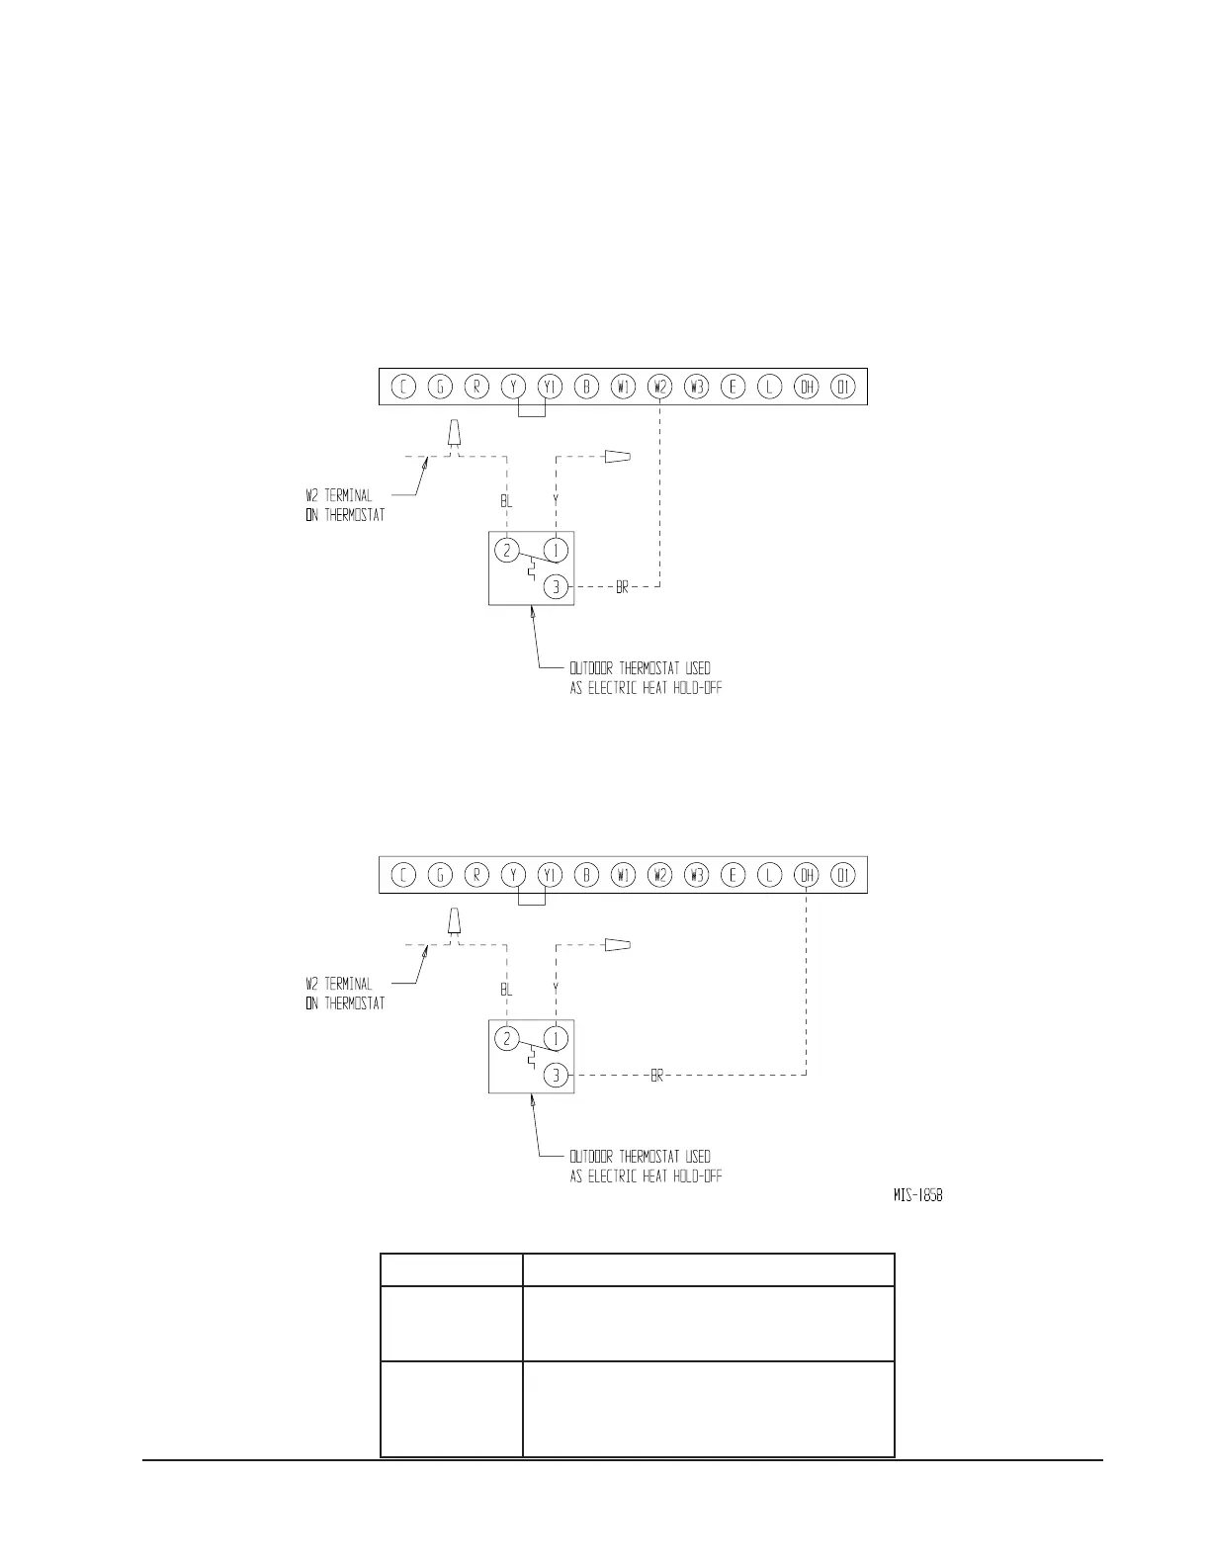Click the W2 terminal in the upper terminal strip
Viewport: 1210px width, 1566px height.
[659, 387]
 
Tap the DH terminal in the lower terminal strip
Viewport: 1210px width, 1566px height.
[807, 875]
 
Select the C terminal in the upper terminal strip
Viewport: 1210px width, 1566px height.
[403, 387]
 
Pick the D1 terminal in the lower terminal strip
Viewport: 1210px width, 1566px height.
[843, 875]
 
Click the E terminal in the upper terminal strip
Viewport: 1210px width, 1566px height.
[733, 387]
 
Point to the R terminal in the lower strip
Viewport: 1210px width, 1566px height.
[476, 875]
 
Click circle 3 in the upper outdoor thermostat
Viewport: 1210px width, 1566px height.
[557, 587]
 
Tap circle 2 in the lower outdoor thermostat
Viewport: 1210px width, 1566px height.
[506, 1038]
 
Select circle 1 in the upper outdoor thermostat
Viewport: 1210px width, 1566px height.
[557, 550]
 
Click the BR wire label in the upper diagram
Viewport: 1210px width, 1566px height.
[622, 588]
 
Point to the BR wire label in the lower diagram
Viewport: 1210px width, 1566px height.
[656, 1076]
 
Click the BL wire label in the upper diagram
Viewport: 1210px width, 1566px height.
[506, 502]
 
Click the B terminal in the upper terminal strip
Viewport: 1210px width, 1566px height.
[586, 387]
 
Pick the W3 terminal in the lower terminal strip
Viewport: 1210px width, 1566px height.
[696, 875]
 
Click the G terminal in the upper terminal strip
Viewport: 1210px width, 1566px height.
[440, 387]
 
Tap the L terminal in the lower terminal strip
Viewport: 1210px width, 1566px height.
[770, 875]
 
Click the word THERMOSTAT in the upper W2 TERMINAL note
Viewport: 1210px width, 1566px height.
[354, 515]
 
